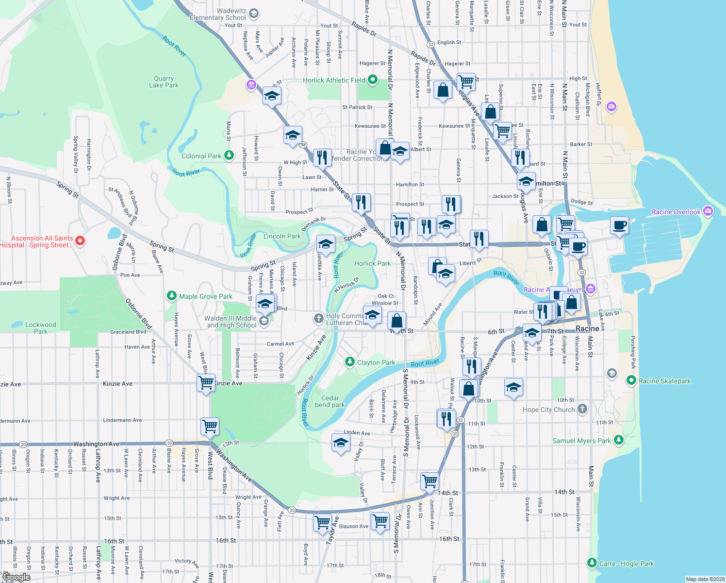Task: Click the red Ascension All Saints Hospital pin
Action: point(81,240)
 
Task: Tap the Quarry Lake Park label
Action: point(164,82)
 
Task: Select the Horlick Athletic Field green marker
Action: point(373,80)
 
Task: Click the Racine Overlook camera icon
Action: point(708,211)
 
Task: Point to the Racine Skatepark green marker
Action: point(631,380)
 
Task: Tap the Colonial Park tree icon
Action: point(229,155)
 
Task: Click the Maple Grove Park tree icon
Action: point(171,296)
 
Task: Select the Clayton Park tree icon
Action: point(349,362)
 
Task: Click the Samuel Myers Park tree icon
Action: point(618,440)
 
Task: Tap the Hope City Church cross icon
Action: point(582,409)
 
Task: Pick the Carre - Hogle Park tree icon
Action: point(592,563)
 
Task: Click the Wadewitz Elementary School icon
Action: point(254,14)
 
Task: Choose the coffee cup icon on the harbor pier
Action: point(619,225)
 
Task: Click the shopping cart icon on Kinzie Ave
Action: point(206,382)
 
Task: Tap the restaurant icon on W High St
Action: point(322,157)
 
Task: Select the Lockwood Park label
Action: point(41,328)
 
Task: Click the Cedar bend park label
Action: point(330,401)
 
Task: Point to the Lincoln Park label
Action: point(282,236)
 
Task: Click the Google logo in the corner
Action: point(16,577)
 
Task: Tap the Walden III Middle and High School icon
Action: point(264,321)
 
